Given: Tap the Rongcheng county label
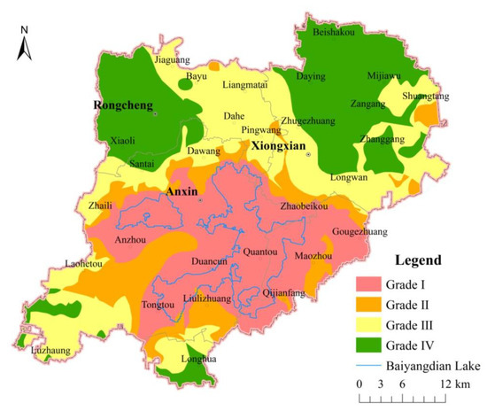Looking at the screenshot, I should [123, 105].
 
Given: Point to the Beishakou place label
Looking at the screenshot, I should [335, 33].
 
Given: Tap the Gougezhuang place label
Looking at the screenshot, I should [359, 232].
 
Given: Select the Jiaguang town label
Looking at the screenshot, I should [172, 60].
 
